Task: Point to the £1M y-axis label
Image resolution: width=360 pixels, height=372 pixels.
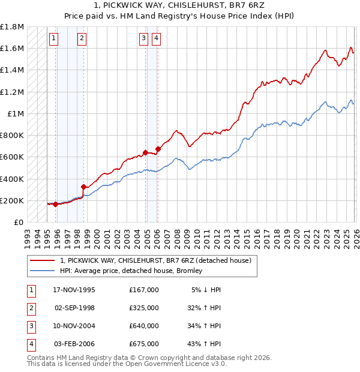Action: click(x=16, y=114)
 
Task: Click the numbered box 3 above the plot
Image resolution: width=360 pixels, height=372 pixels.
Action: click(x=144, y=39)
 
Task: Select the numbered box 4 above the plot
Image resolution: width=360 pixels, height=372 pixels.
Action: click(x=156, y=39)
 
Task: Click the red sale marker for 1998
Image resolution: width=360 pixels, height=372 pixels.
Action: click(x=83, y=187)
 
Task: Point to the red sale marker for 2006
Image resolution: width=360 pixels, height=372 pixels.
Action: click(x=158, y=149)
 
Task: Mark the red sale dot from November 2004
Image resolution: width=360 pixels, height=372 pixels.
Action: click(x=145, y=152)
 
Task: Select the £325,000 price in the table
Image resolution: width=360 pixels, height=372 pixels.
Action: click(x=144, y=308)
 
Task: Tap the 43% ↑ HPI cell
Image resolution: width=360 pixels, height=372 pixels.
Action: click(x=206, y=344)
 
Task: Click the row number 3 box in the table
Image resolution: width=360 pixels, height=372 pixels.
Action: click(x=30, y=326)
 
